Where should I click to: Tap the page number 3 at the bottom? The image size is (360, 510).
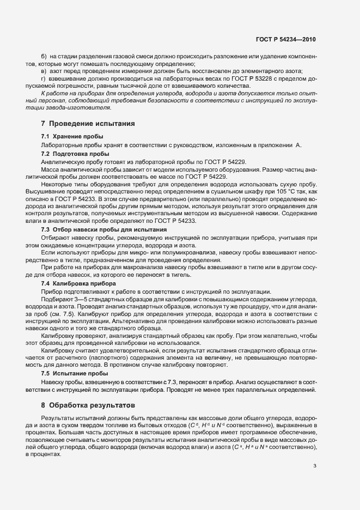(315, 465)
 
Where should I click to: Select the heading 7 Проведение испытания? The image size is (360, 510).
(84, 124)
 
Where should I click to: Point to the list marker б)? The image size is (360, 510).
(44, 57)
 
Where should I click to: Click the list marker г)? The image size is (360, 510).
(44, 79)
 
